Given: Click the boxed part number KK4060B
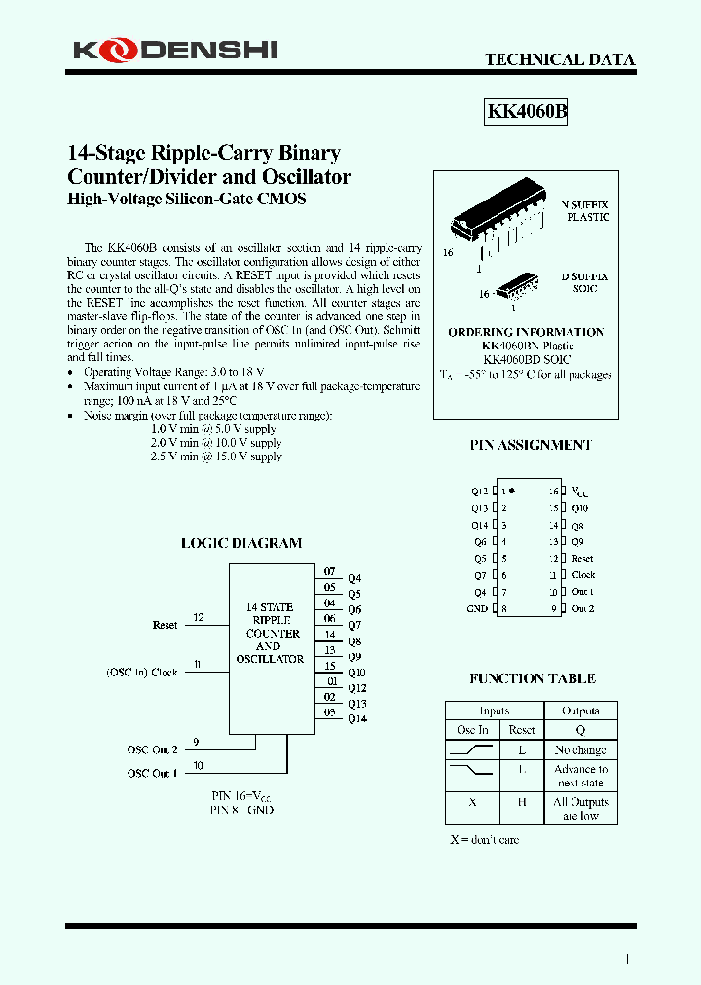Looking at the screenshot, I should [526, 111].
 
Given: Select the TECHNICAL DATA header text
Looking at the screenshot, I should [560, 59].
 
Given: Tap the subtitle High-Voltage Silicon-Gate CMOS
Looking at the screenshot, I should [186, 199].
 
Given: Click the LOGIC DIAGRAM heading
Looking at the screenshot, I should [241, 543].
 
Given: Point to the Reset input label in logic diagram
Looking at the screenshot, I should [165, 625].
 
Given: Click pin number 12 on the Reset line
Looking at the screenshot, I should [199, 617].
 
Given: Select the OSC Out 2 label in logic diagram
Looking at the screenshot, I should [152, 749].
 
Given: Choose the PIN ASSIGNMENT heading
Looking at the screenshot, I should [531, 445].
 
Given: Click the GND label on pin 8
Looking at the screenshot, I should [476, 609].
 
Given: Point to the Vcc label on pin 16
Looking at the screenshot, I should [579, 492].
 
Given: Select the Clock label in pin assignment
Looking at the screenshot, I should [583, 575].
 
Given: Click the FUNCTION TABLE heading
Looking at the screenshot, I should [532, 678].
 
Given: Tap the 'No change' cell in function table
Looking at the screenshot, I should [580, 750].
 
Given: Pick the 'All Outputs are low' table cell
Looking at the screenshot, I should [580, 809].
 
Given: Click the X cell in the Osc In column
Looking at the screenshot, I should [472, 803].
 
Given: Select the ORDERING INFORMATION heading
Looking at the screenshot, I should [526, 332].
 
